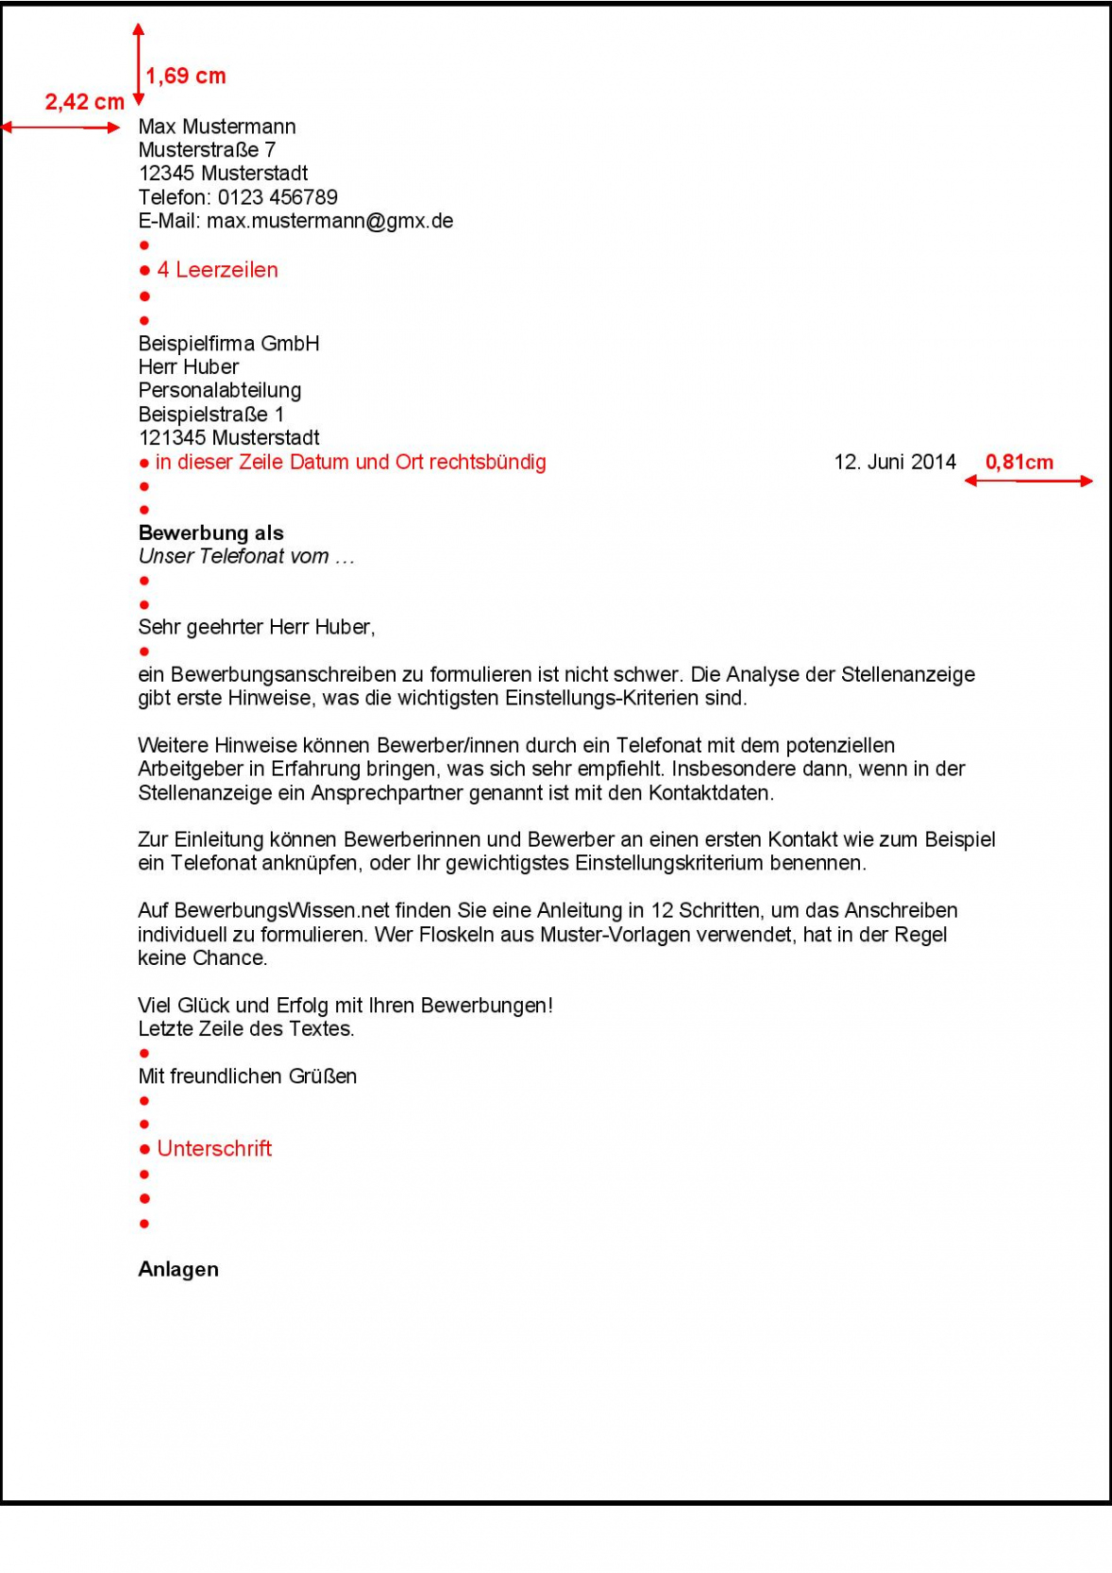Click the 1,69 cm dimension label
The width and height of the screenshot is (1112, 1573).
click(185, 76)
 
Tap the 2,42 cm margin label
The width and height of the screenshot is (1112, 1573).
click(84, 102)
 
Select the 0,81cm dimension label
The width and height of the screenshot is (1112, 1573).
click(1019, 462)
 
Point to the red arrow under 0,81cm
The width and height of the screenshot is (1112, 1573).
click(1028, 482)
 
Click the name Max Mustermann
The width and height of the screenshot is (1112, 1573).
click(217, 127)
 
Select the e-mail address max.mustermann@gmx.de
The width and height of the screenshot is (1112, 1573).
click(330, 221)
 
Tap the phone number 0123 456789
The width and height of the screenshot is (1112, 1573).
click(278, 197)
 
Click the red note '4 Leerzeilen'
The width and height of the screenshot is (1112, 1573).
click(217, 270)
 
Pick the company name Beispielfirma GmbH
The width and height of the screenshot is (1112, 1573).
click(228, 344)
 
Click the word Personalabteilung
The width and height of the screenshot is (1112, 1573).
click(220, 390)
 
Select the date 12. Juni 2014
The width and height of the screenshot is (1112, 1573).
click(895, 462)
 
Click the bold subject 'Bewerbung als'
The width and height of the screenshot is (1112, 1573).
click(211, 533)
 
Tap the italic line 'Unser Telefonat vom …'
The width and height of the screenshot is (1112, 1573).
click(246, 556)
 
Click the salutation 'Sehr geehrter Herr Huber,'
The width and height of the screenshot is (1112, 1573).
click(257, 627)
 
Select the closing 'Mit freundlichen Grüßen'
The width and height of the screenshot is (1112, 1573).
click(247, 1076)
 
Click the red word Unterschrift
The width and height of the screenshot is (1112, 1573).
click(214, 1148)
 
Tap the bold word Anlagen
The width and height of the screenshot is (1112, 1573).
click(178, 1269)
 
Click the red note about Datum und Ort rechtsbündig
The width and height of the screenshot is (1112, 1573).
click(350, 462)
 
